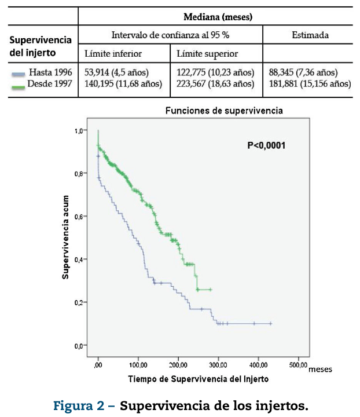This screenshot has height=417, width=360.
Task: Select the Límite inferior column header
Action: click(x=113, y=54)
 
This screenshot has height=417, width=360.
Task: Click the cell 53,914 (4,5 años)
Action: click(x=117, y=72)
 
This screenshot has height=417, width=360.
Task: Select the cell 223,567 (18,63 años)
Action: click(x=215, y=83)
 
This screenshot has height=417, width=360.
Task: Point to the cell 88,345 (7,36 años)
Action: click(x=304, y=72)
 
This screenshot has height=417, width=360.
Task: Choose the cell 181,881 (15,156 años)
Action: click(x=310, y=83)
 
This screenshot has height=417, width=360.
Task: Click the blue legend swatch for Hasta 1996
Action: click(x=18, y=74)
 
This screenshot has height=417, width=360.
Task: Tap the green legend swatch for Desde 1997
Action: click(x=18, y=85)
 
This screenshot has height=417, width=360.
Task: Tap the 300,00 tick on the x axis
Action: click(x=218, y=366)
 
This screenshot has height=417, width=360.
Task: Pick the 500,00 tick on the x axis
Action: click(x=297, y=366)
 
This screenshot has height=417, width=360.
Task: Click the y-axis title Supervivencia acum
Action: click(x=66, y=237)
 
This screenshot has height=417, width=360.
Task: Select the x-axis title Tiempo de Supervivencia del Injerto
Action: click(x=199, y=379)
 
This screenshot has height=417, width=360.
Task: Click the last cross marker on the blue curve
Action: click(x=270, y=324)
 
